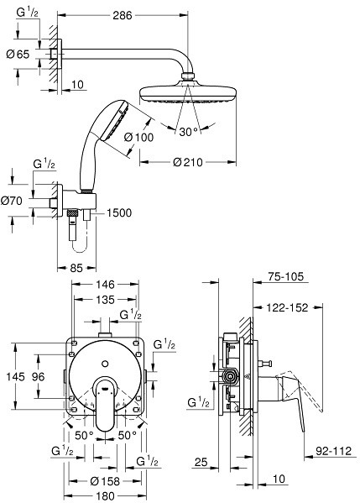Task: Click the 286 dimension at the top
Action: click(x=123, y=15)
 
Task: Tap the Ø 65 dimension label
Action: click(x=18, y=55)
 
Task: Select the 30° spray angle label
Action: click(x=188, y=132)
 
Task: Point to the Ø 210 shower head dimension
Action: click(x=188, y=162)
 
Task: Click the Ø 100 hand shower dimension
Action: click(x=138, y=138)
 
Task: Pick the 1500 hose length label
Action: click(x=119, y=212)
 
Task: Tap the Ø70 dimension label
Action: click(x=12, y=202)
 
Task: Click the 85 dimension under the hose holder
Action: click(x=76, y=268)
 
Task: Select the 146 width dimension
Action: click(x=105, y=284)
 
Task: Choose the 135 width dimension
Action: click(x=105, y=300)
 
